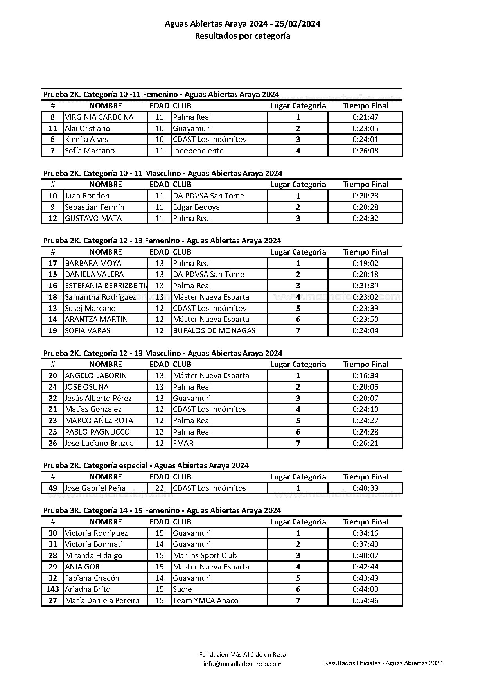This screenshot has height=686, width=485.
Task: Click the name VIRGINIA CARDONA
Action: coord(99,117)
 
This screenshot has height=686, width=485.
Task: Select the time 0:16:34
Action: coord(365,376)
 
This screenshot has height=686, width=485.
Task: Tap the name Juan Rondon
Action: coord(87,196)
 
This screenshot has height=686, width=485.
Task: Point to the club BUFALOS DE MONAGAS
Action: coord(214,331)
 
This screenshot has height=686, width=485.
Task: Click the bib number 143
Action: coord(52,589)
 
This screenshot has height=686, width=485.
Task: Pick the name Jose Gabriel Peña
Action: coord(95,488)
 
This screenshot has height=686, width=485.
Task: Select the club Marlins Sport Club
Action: coord(205,556)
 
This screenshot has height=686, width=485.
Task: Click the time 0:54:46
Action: coord(365,601)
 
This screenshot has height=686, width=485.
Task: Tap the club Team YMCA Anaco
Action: coord(206,601)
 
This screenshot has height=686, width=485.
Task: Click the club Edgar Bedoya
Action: coord(196,207)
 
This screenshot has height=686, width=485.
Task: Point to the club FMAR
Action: coord(183,444)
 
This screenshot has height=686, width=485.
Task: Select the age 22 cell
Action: coord(160,488)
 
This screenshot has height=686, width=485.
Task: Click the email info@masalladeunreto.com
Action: coord(242,664)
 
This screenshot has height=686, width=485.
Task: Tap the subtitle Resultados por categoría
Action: coord(242,36)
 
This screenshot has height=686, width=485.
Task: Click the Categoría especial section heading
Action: coord(146,465)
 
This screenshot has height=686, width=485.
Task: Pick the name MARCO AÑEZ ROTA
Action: coord(99,421)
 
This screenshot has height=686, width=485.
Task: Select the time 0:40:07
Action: coord(365,556)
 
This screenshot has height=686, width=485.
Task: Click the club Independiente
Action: coord(198,151)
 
